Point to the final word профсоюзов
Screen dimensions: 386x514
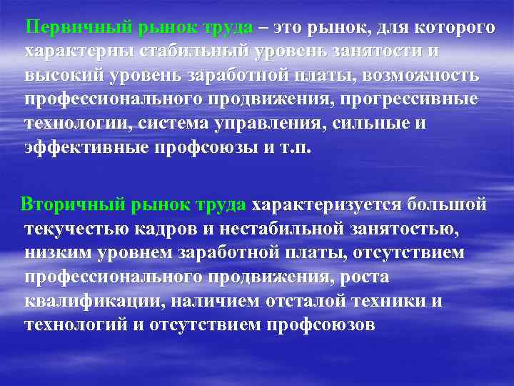(321, 324)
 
